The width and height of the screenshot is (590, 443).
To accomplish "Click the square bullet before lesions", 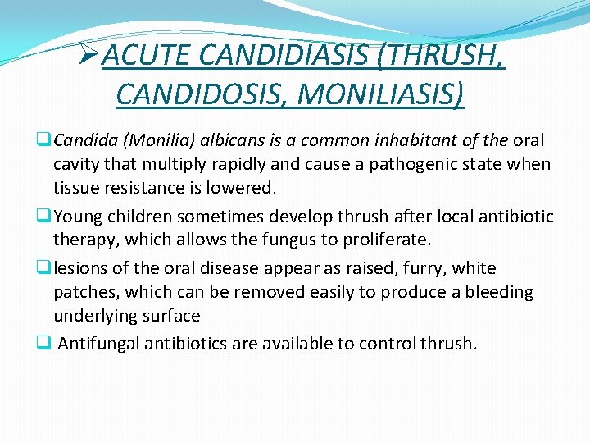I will [41, 268].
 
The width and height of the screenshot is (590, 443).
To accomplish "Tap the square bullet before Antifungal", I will [41, 344].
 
